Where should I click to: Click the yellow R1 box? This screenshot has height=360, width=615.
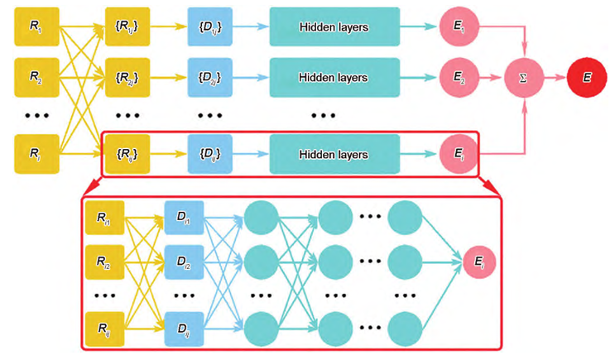coord(34,27)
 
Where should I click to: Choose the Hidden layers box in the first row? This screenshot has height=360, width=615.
coord(334,27)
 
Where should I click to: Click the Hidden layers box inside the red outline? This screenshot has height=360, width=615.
coord(334,155)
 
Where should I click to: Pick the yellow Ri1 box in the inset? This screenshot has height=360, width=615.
coord(104,218)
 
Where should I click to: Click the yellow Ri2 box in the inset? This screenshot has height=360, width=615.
coord(104,264)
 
